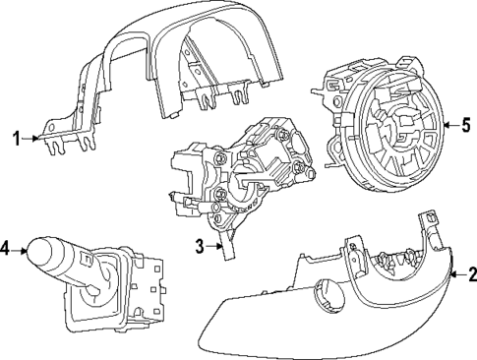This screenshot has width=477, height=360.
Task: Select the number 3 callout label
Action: (x=200, y=246)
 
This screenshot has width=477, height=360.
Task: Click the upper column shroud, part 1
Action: (x=167, y=59)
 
